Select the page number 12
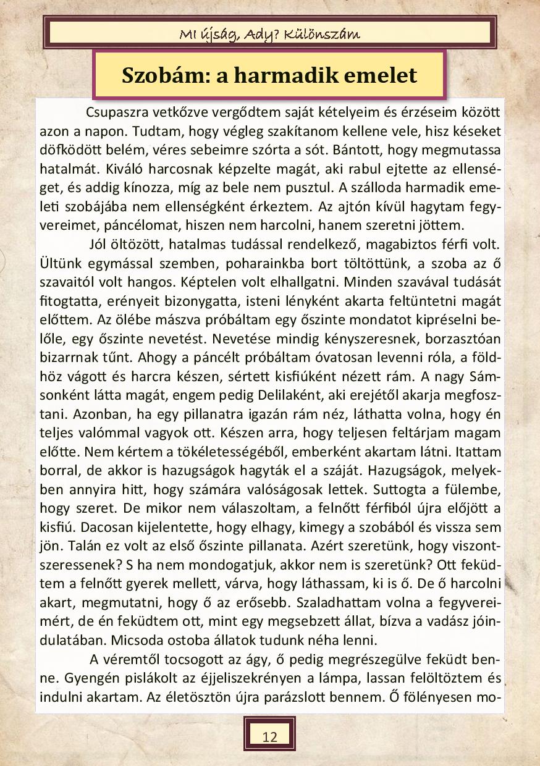click(269, 736)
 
